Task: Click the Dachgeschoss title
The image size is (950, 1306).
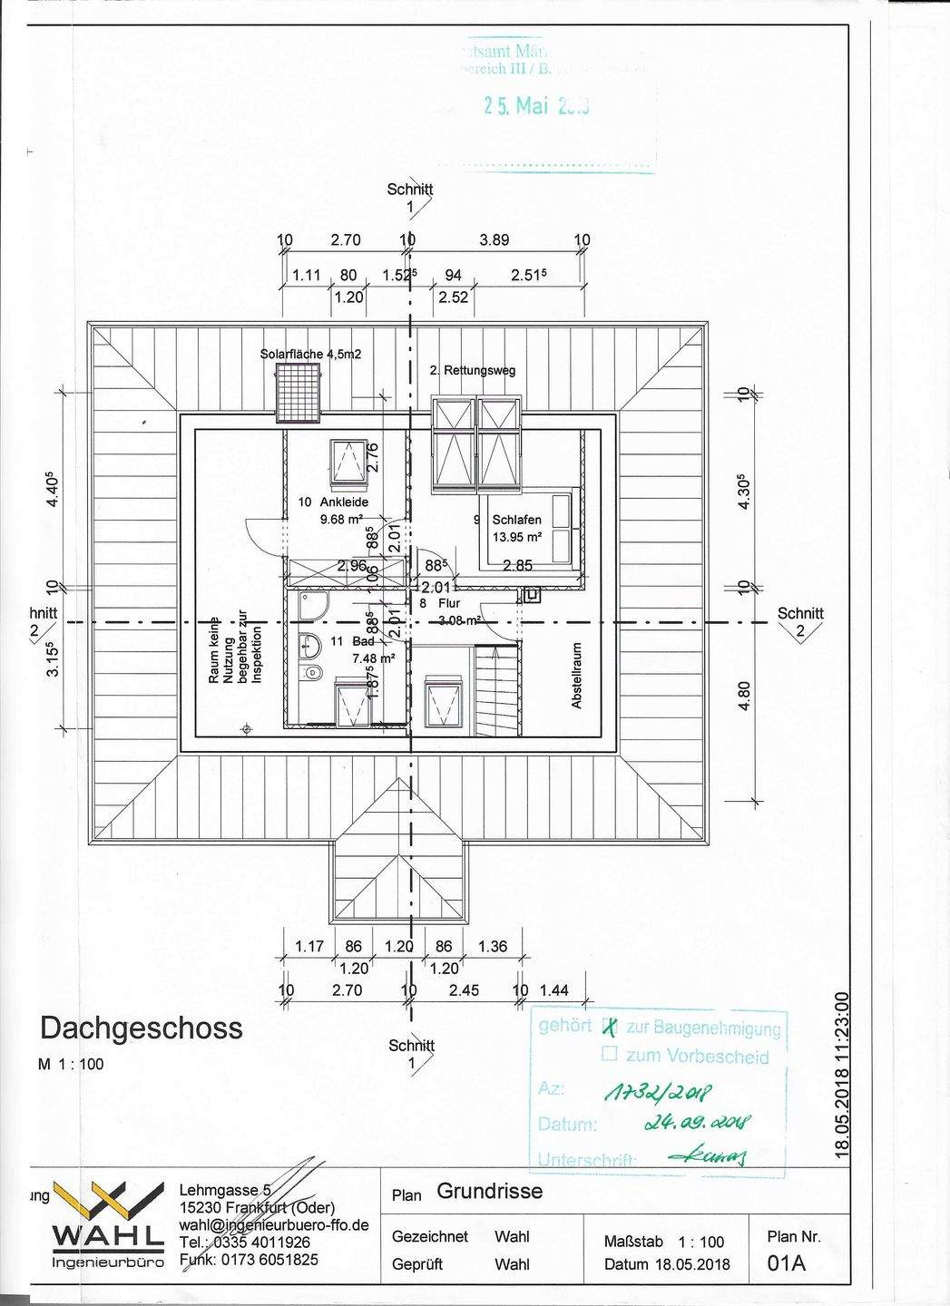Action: (141, 1028)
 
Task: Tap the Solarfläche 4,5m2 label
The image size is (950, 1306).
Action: (310, 354)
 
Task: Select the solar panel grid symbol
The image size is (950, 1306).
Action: (299, 392)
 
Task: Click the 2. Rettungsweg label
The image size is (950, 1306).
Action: (472, 370)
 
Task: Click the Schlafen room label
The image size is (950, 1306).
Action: (516, 520)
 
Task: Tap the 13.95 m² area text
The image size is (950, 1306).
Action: (516, 537)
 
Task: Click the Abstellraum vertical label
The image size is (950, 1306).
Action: (575, 677)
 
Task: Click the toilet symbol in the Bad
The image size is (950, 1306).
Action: (313, 672)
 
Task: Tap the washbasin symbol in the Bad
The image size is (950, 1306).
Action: (309, 646)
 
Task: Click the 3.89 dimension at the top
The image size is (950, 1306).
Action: (494, 240)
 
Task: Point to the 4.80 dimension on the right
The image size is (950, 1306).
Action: (745, 696)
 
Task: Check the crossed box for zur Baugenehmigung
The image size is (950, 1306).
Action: (610, 1028)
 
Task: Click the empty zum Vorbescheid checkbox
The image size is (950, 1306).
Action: (610, 1054)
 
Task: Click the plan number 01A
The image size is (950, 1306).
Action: (786, 1262)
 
